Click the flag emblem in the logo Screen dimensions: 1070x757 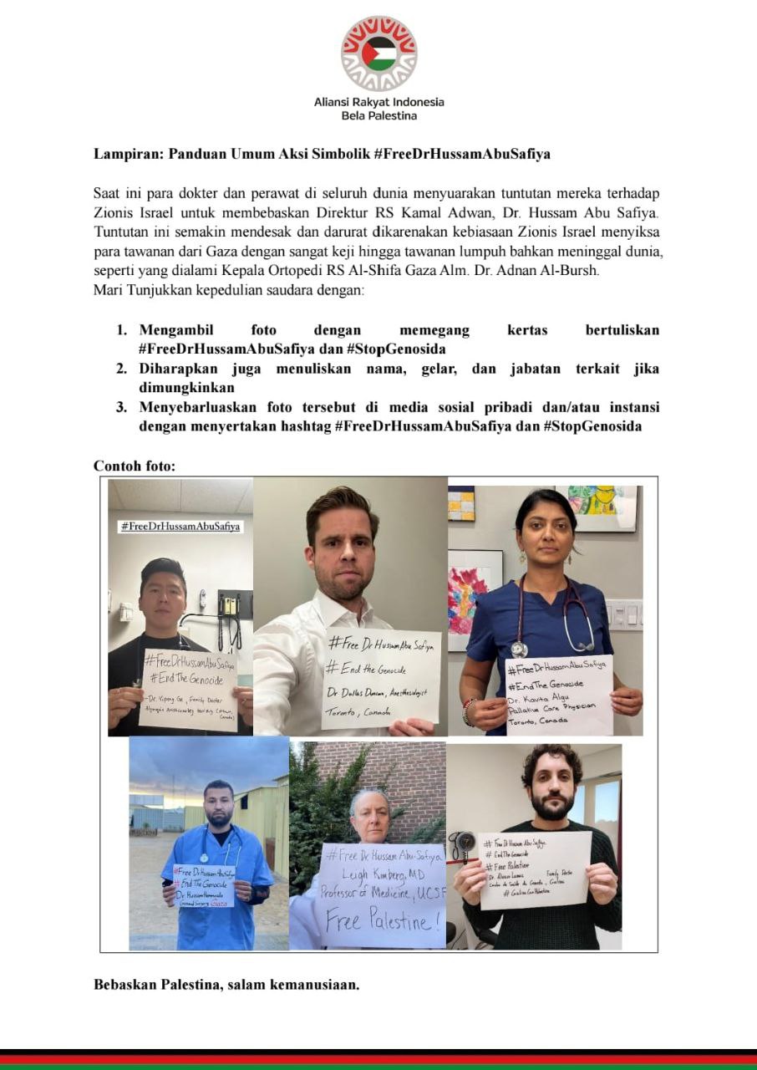(378, 53)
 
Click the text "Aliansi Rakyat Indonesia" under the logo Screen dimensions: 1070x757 (378, 102)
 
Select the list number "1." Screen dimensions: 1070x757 (122, 330)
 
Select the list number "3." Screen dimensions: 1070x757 (122, 407)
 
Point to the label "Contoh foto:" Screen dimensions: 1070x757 (135, 466)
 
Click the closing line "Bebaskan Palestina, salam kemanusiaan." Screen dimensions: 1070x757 (226, 984)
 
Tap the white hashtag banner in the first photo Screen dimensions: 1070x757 (180, 527)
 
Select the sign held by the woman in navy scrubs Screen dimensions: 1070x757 (558, 695)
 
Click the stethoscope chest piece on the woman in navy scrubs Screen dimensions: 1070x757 (519, 649)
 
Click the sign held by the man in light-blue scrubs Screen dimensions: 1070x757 (203, 885)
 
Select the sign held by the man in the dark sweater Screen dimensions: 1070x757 (535, 869)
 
